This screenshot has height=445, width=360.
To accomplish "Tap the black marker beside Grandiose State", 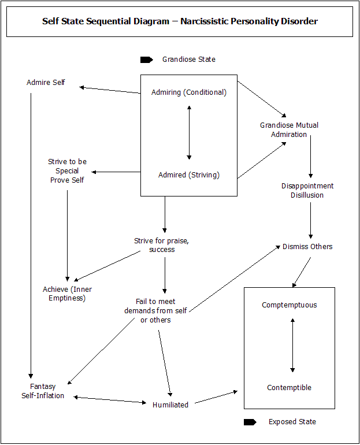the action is (x=147, y=60).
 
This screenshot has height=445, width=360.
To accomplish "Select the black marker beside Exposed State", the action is (x=250, y=422).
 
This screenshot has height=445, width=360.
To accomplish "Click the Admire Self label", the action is (x=46, y=82).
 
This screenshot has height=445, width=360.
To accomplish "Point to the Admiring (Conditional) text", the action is (x=189, y=92).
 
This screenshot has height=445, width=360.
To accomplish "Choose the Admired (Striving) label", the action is (x=189, y=175).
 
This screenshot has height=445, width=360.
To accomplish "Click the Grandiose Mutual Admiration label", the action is (x=289, y=129).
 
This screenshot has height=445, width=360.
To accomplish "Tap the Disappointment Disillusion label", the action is (x=307, y=191).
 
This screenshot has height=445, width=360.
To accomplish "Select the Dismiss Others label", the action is (x=307, y=246).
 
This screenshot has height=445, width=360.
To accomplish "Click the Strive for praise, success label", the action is (x=161, y=245).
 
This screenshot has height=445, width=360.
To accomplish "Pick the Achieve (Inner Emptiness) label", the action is (x=67, y=294).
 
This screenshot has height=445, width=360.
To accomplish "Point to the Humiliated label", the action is (x=170, y=405).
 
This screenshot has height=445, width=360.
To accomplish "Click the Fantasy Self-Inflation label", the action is (x=43, y=391).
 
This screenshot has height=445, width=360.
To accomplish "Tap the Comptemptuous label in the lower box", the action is (x=290, y=305).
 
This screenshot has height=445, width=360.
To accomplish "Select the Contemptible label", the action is (x=289, y=387).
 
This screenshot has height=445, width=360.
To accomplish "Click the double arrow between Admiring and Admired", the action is (x=189, y=132).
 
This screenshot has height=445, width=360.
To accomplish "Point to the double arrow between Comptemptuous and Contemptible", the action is (x=292, y=345).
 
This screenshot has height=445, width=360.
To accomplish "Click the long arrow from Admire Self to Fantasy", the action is (x=31, y=236).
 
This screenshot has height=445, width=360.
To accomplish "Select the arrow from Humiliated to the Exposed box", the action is (x=216, y=398).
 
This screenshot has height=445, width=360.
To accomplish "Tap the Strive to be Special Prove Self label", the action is (x=67, y=171).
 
